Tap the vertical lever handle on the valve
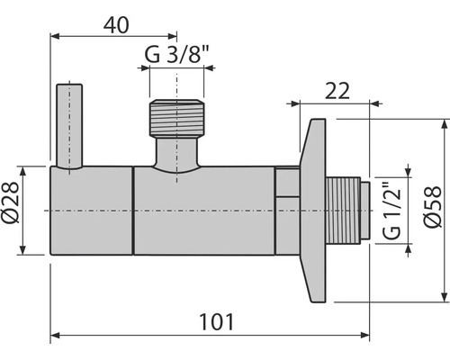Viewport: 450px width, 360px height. tap(69, 126)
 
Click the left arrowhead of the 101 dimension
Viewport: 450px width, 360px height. tap(54, 337)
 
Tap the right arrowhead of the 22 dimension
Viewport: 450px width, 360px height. tap(367, 102)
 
